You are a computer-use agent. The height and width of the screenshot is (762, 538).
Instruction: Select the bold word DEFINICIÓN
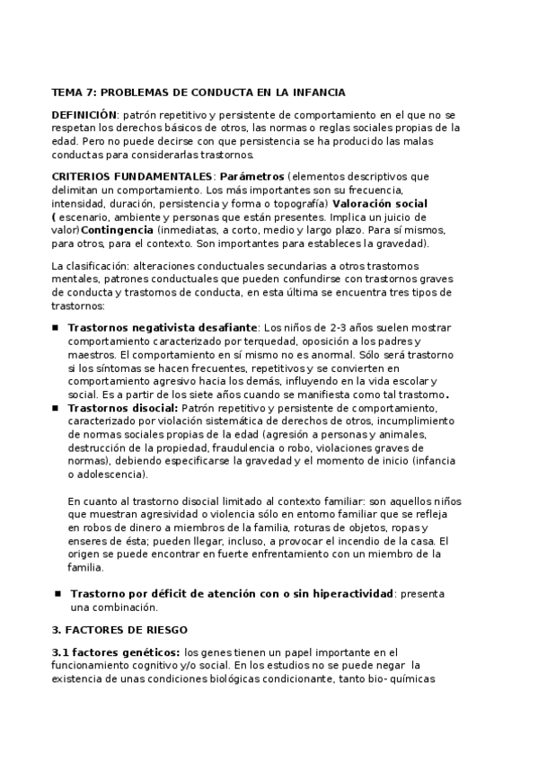point(84,115)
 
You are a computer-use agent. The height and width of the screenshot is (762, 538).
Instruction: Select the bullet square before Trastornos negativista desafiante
point(56,328)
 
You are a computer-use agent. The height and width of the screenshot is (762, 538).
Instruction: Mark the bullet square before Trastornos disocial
point(56,407)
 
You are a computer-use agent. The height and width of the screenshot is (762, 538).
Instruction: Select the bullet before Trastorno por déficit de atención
point(58,594)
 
